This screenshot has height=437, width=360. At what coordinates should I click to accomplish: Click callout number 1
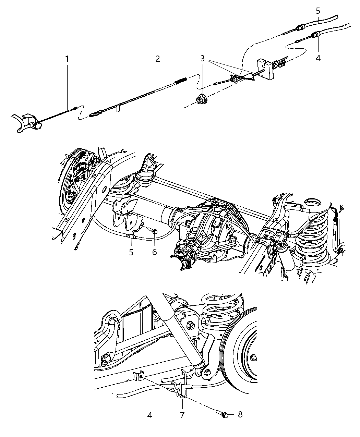click(x=67, y=59)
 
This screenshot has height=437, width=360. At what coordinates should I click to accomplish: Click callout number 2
click(x=157, y=59)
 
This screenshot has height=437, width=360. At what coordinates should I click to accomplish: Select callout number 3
click(x=203, y=59)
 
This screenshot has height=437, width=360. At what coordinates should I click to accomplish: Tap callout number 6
click(x=154, y=252)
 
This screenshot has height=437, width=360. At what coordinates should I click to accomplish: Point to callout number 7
click(x=182, y=415)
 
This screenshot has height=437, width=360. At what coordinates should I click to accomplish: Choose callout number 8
click(x=240, y=415)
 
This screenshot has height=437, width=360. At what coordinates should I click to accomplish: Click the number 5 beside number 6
click(x=131, y=252)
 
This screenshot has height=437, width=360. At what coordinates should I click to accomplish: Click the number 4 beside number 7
click(x=150, y=415)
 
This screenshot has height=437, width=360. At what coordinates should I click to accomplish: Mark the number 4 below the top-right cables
click(x=318, y=58)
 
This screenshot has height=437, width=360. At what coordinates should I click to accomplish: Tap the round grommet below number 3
click(x=200, y=99)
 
